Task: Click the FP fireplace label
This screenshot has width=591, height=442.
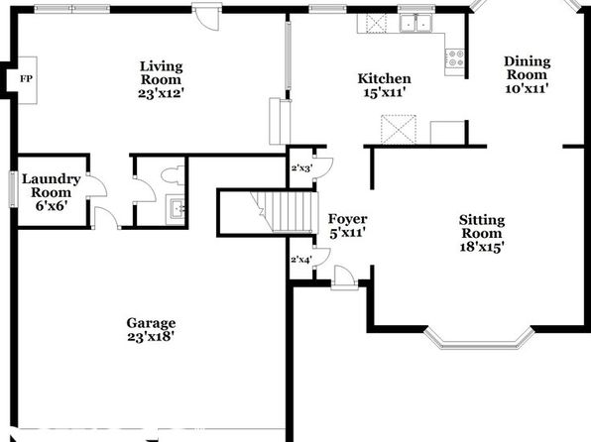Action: coord(26,79)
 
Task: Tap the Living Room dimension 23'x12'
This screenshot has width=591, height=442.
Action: coord(161,93)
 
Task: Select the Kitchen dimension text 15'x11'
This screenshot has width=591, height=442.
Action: coord(385,92)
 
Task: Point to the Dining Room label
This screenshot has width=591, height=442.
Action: coord(527,67)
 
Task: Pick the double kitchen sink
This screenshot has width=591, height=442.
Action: coord(415,23)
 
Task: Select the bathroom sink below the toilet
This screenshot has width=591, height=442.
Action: coord(176,209)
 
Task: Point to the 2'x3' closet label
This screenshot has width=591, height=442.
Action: coord(301,168)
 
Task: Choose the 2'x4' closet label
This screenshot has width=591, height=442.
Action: coord(301,260)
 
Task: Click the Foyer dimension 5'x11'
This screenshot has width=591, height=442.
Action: coord(347,233)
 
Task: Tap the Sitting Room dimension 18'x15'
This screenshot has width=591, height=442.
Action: coord(482,247)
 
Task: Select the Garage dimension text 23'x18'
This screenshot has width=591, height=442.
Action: coord(151,337)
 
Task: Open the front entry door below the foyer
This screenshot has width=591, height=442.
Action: coord(344,278)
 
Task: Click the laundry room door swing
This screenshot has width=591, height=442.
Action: coord(97,185)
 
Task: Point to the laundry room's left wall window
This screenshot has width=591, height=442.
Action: coord(13,189)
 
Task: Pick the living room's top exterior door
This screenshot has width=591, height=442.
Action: coord(206,17)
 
